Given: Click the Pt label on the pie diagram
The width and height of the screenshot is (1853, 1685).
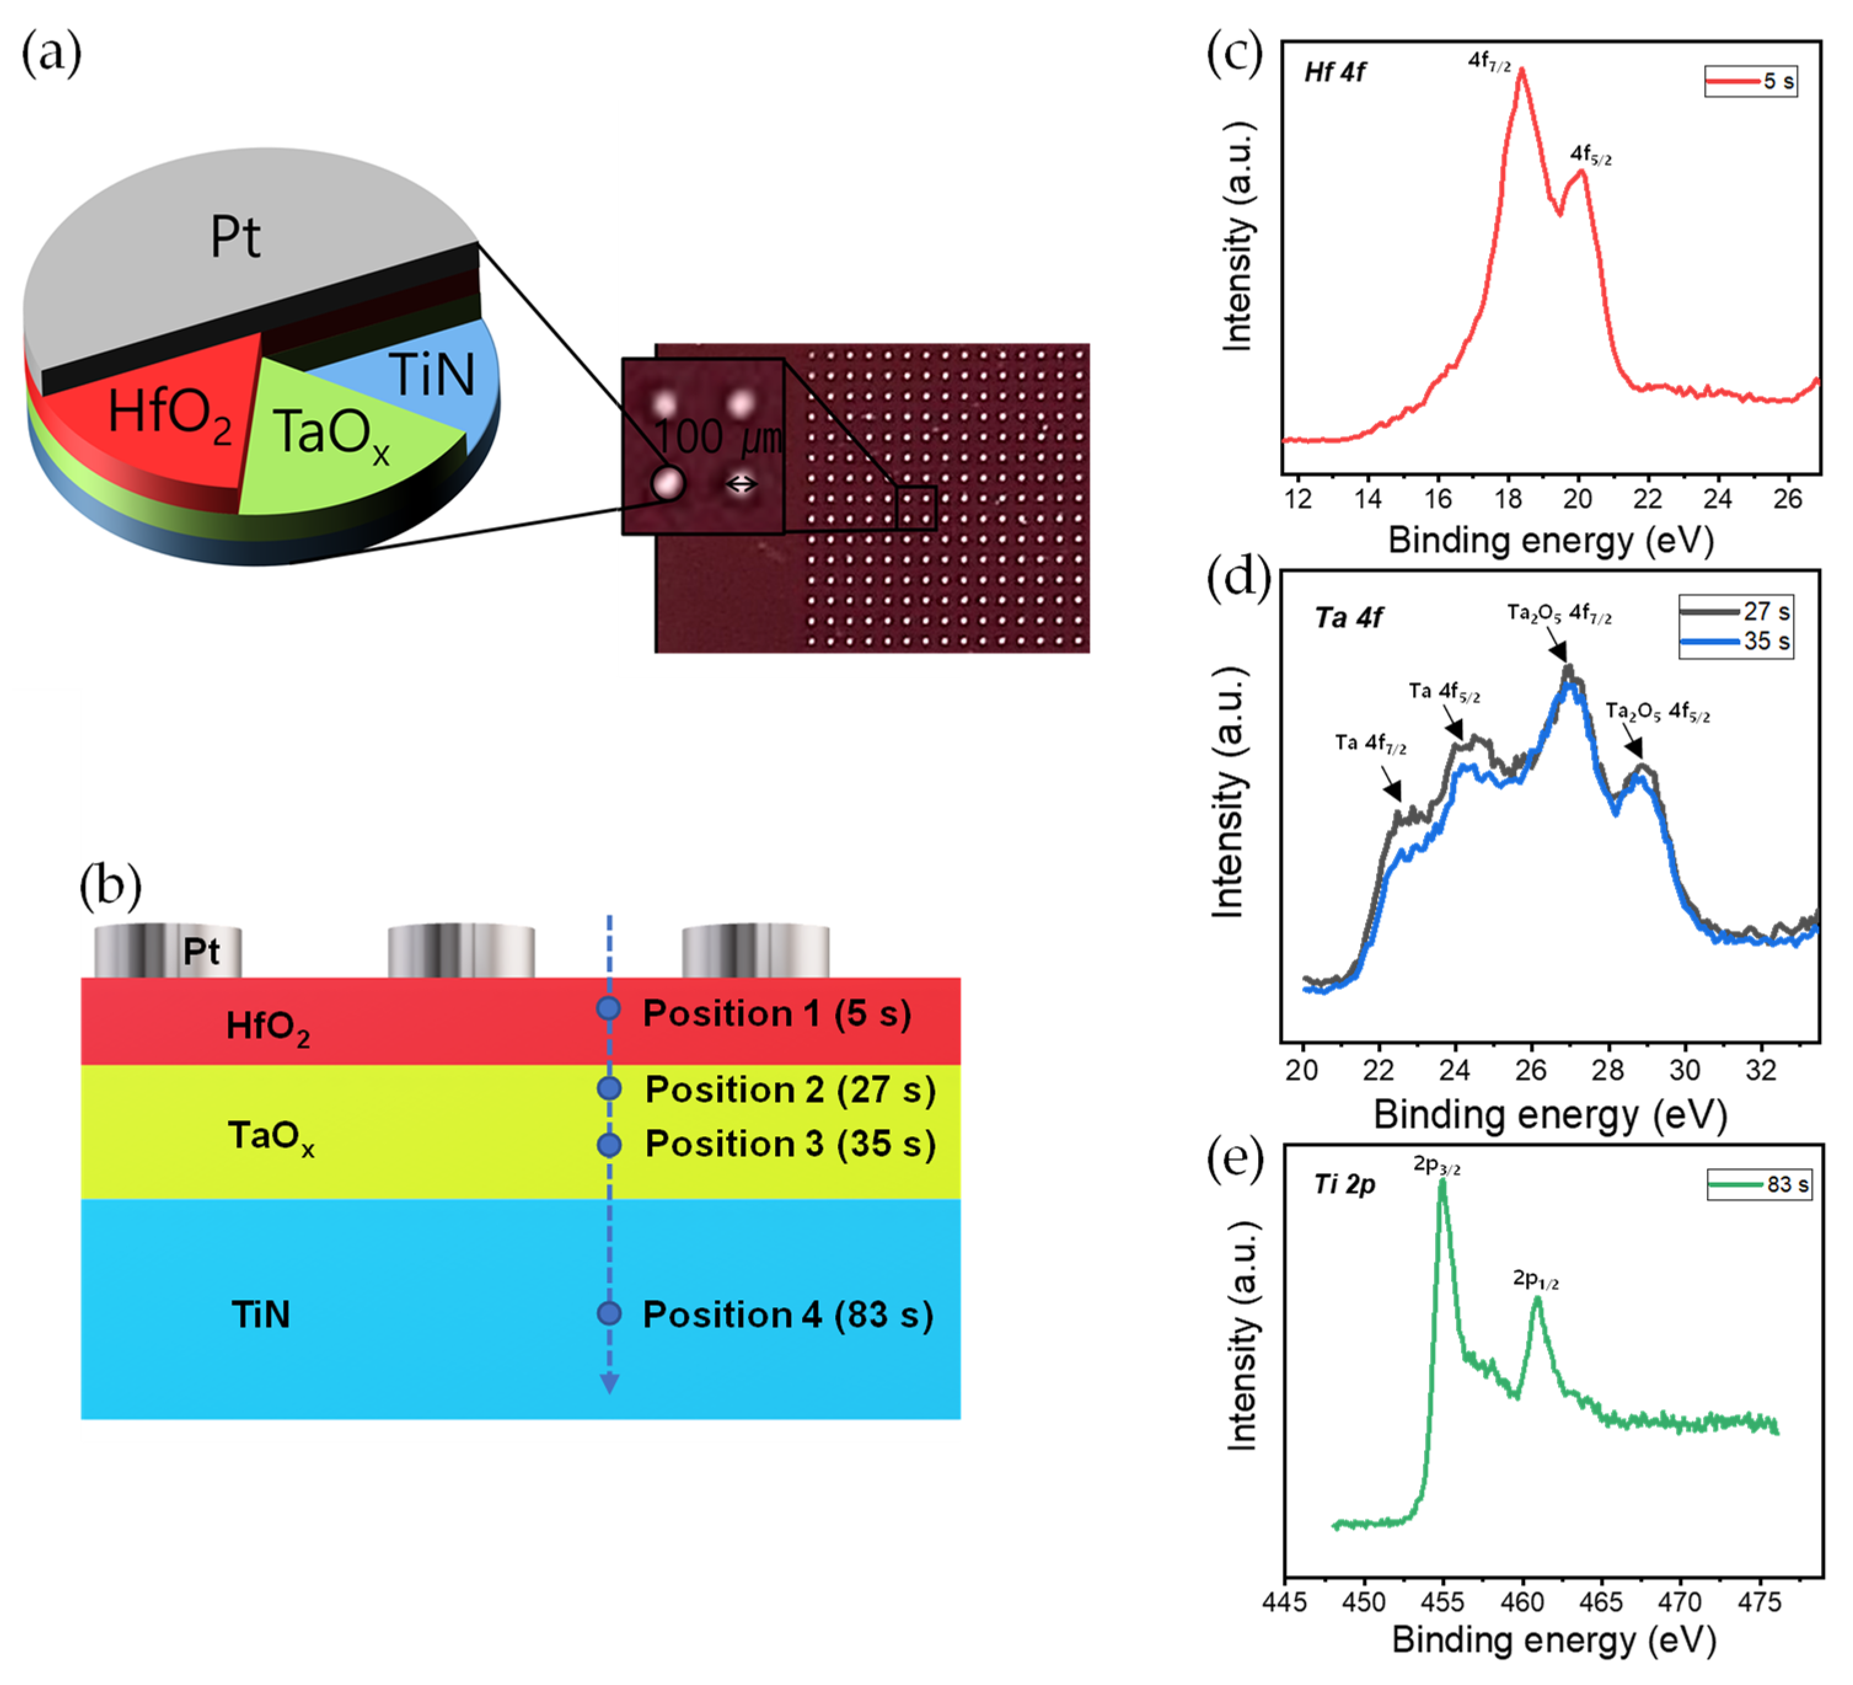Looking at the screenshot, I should point(235,237).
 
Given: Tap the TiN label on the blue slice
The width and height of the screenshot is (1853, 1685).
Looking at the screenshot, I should point(432,374).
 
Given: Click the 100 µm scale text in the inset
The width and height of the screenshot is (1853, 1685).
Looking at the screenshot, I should point(717,438).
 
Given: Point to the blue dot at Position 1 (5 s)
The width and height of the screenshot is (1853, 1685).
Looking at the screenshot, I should point(608,1008).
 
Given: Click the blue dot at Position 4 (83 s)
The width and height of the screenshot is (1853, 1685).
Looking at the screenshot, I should point(608,1313).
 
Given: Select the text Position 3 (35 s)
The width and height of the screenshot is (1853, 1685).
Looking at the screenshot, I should point(790,1144).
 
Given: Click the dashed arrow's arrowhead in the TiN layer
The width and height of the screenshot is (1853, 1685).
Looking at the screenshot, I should point(608,1383).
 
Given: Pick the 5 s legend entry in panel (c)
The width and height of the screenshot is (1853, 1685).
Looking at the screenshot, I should point(1750,81).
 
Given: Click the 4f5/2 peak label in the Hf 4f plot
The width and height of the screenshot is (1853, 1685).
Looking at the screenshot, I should point(1589,154).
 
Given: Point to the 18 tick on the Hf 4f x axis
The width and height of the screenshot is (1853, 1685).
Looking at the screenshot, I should point(1508,499).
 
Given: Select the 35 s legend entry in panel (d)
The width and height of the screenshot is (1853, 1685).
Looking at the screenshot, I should point(1736,641).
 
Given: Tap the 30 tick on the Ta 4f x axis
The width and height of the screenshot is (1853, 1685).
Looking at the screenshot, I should point(1684,1070).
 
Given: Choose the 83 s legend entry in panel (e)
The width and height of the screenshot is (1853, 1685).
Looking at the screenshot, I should point(1759,1184).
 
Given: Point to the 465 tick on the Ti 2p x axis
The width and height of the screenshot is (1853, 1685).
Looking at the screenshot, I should point(1600,1602).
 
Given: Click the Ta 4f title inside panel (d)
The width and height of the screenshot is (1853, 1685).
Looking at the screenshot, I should point(1348,618).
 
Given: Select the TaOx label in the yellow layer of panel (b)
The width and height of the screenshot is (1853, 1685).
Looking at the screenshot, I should point(270,1136).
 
